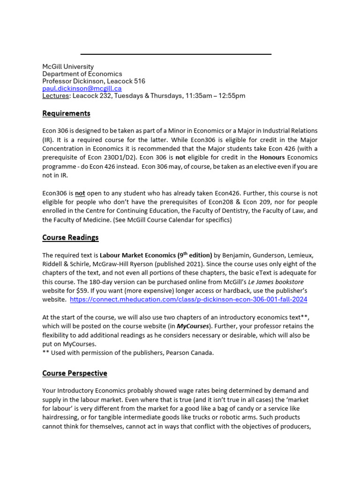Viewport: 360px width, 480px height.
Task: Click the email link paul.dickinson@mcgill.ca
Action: pyautogui.click(x=82, y=88)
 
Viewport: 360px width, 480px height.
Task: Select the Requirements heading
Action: pyautogui.click(x=66, y=113)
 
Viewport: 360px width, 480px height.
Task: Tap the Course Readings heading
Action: pyautogui.click(x=70, y=237)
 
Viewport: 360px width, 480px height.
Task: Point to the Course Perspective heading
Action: pyautogui.click(x=75, y=373)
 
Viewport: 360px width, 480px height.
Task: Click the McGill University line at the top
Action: pyautogui.click(x=68, y=67)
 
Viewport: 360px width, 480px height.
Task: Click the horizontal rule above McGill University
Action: pyautogui.click(x=176, y=54)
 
